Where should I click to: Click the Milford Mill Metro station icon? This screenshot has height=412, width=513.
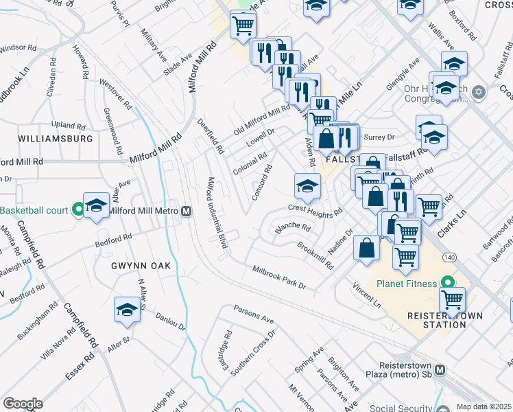click(x=186, y=211)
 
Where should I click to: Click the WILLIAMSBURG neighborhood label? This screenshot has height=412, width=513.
click(x=55, y=138)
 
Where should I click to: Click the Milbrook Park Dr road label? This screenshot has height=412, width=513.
click(x=278, y=277)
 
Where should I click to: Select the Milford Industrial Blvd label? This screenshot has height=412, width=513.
click(x=217, y=214)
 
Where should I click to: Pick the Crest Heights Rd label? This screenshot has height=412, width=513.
click(x=315, y=209)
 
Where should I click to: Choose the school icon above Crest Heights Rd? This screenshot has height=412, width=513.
click(x=307, y=185)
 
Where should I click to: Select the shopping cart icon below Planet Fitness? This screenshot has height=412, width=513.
click(x=453, y=299)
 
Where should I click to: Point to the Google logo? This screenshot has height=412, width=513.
click(x=23, y=404)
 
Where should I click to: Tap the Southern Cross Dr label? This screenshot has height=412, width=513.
click(x=252, y=354)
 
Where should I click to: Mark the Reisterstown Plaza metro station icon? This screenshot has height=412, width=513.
click(x=440, y=369)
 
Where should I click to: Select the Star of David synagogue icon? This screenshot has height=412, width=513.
click(x=479, y=91)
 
